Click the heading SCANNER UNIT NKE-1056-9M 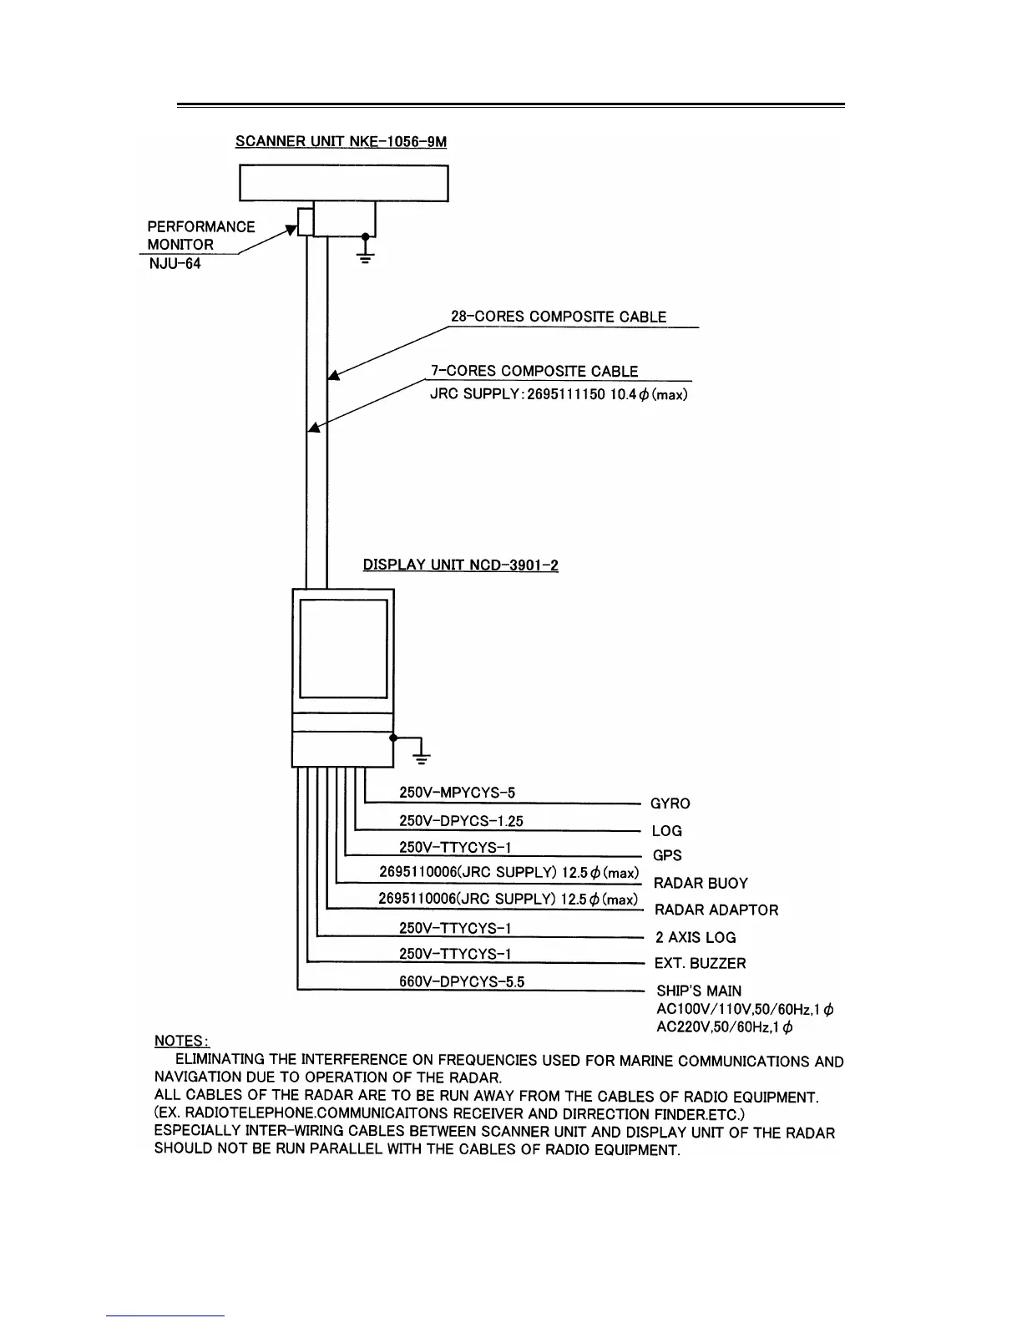pos(341,141)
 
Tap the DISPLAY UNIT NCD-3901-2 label pos(460,565)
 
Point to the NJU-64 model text pos(175,264)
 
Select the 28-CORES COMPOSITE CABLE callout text pos(559,317)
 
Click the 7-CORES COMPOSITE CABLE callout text pos(534,371)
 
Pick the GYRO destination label pos(670,803)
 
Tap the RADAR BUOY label pos(701,883)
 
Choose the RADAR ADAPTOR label pos(716,910)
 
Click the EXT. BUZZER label pos(700,963)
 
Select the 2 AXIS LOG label pos(696,937)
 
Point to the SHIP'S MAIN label pos(699,991)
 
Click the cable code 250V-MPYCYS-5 pos(457,793)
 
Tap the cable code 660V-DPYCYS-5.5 pos(462,981)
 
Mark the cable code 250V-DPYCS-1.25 pos(461,821)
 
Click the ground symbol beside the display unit pos(422,755)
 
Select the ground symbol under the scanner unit pos(365,252)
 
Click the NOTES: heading pos(182,1041)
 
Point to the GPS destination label pos(667,855)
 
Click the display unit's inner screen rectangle pos(343,648)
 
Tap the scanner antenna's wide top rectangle pos(343,183)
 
